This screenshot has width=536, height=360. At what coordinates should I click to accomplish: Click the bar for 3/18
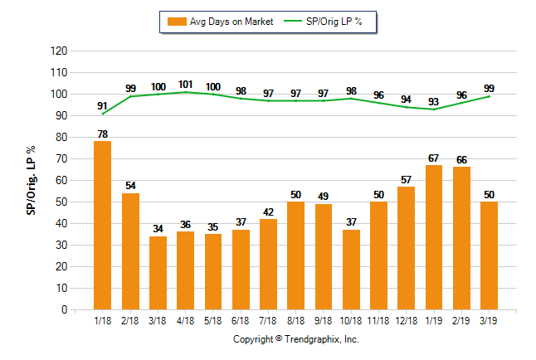click(158, 273)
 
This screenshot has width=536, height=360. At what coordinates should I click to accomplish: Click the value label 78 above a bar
click(103, 134)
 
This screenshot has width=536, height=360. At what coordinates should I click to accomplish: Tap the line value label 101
click(185, 84)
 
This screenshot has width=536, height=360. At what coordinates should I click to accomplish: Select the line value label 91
click(103, 105)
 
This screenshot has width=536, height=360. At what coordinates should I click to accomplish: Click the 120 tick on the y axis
click(59, 51)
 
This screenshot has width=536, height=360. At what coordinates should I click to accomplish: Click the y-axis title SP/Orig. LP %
click(31, 180)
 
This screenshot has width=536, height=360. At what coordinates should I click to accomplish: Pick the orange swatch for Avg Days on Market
click(177, 21)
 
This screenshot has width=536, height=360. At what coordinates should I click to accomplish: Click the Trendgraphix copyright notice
click(295, 339)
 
